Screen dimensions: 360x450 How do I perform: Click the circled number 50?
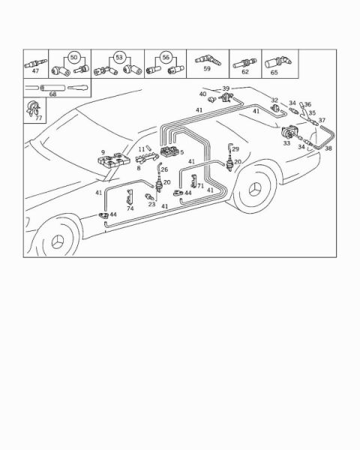pos(73,57)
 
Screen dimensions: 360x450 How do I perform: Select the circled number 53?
pos(118,57)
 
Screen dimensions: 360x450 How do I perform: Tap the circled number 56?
pos(166,57)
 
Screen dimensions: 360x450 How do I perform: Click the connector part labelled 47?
pos(35,63)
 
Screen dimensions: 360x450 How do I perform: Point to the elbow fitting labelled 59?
pos(208,60)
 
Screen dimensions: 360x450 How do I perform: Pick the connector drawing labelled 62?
pos(244,64)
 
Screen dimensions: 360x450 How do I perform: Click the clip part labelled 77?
pos(32,108)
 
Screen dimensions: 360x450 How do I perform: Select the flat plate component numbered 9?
pos(114,160)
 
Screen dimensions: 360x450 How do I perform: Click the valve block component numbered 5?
pos(169,151)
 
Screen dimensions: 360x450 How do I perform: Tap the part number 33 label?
pos(286,143)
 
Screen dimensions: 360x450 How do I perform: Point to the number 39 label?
pos(226,88)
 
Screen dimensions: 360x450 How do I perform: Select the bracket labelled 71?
pos(193,181)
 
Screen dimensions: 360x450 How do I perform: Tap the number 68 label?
pos(52,94)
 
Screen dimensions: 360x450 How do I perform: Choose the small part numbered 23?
pos(149,196)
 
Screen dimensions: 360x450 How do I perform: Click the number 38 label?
pos(328,148)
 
